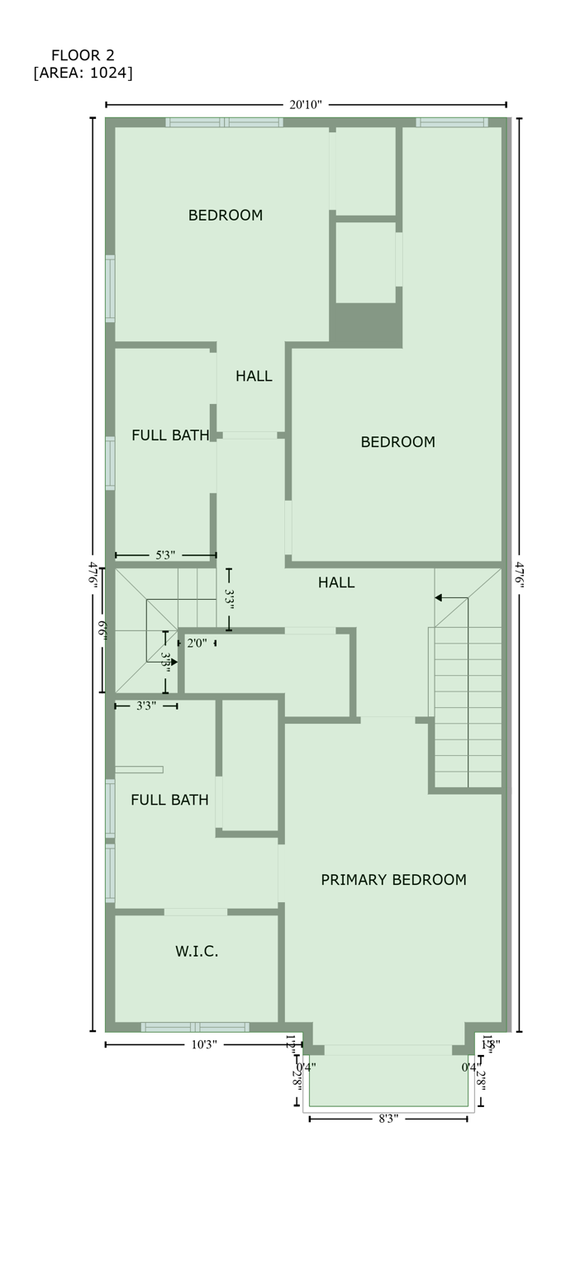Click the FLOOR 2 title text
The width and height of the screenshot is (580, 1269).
click(x=83, y=55)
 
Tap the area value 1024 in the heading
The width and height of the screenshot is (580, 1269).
click(x=109, y=74)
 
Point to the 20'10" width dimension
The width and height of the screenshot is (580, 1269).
click(x=306, y=105)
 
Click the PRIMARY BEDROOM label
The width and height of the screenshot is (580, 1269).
click(x=393, y=880)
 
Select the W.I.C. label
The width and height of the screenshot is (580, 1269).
click(x=197, y=952)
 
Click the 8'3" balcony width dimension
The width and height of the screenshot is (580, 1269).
click(x=388, y=1119)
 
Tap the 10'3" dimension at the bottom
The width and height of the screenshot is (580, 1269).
click(x=204, y=1045)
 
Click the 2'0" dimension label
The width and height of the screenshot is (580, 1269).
click(x=197, y=643)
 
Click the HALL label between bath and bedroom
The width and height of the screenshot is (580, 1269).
click(x=254, y=377)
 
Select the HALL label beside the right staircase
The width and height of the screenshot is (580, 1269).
click(x=336, y=583)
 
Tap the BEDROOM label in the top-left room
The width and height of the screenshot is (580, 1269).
click(x=226, y=216)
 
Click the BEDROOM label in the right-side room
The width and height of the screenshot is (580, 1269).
click(x=397, y=443)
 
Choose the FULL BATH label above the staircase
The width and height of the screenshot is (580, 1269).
click(x=170, y=435)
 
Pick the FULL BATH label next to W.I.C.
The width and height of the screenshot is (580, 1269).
click(x=169, y=800)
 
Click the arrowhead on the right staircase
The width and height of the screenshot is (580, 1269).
click(x=440, y=597)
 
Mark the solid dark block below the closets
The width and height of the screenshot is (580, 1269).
click(x=366, y=326)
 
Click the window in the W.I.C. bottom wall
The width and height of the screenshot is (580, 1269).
click(x=195, y=1027)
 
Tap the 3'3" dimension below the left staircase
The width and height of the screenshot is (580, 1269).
click(x=145, y=706)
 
